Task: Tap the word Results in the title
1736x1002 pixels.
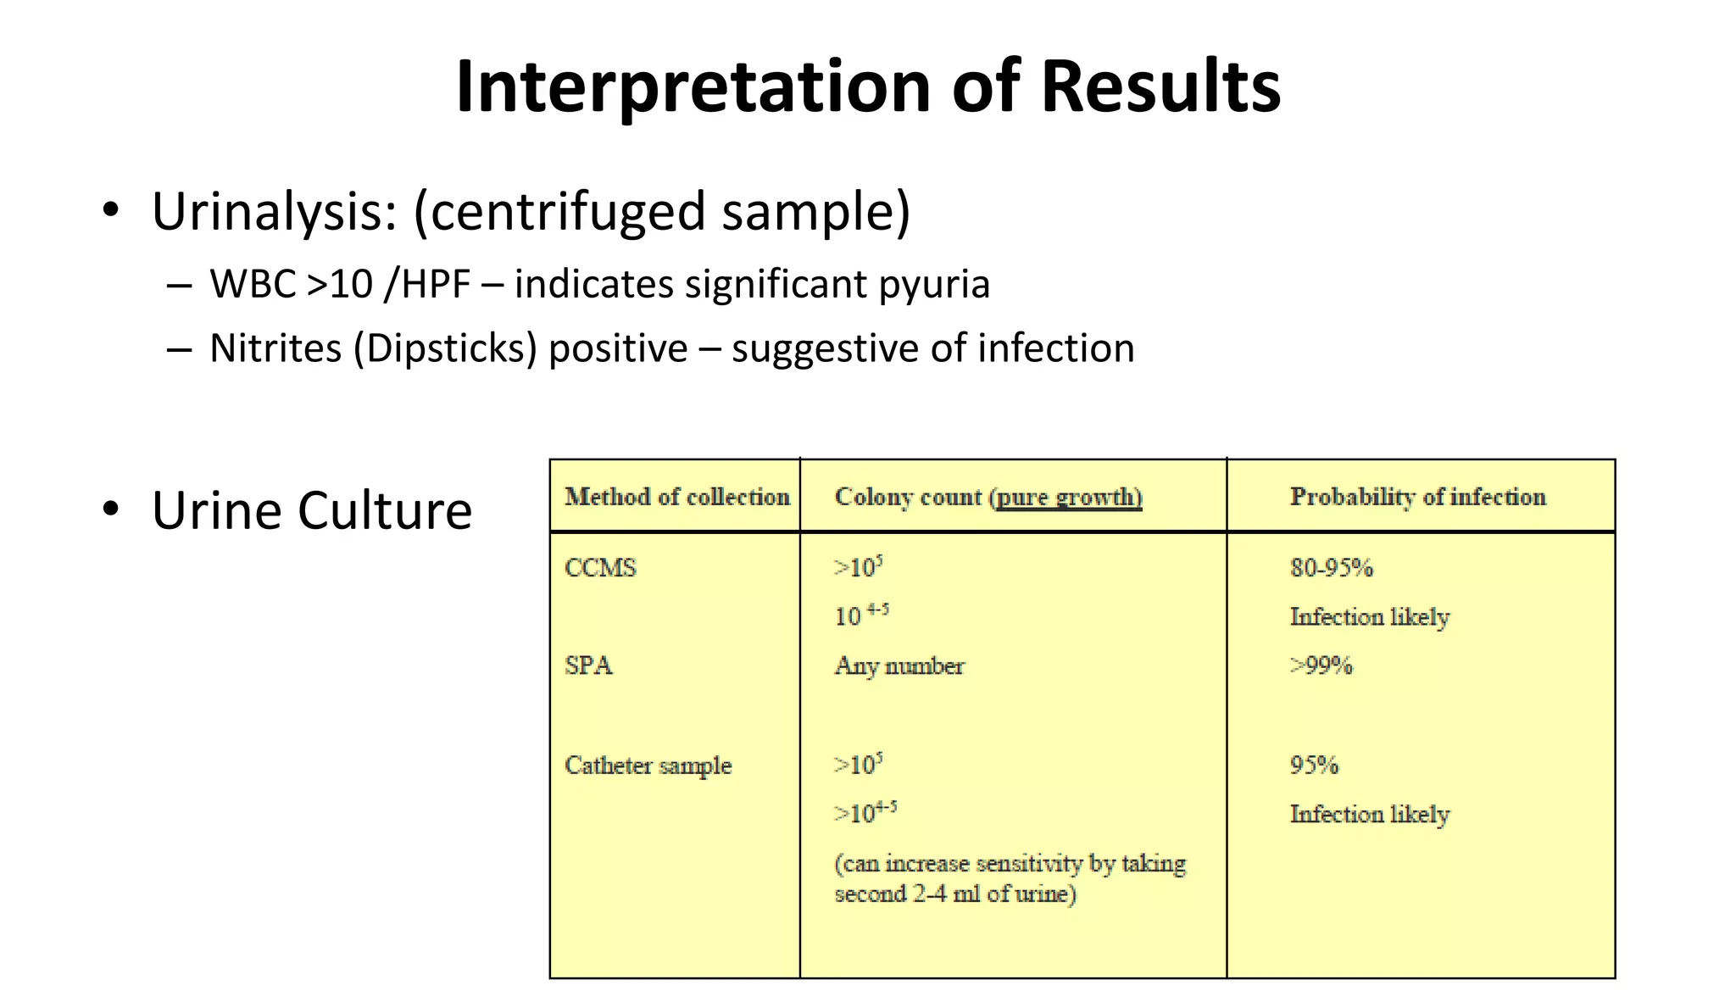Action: point(1160,87)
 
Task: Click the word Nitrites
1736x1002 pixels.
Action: point(275,348)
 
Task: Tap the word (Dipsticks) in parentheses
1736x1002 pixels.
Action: point(445,348)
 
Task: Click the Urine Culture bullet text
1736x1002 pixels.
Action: point(311,510)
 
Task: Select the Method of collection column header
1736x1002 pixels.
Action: point(676,497)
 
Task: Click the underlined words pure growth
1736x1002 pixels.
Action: point(1068,497)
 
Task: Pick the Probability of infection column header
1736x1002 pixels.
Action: point(1417,497)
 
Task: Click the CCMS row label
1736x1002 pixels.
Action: point(600,567)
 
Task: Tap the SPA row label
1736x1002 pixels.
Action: point(588,665)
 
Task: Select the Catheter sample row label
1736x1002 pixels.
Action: point(648,765)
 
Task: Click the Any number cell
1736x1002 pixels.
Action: point(899,666)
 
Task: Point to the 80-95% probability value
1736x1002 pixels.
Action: point(1331,567)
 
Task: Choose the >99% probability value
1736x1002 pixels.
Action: point(1321,665)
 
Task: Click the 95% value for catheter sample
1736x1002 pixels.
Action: point(1314,765)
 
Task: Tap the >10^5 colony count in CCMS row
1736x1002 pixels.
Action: point(858,566)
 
